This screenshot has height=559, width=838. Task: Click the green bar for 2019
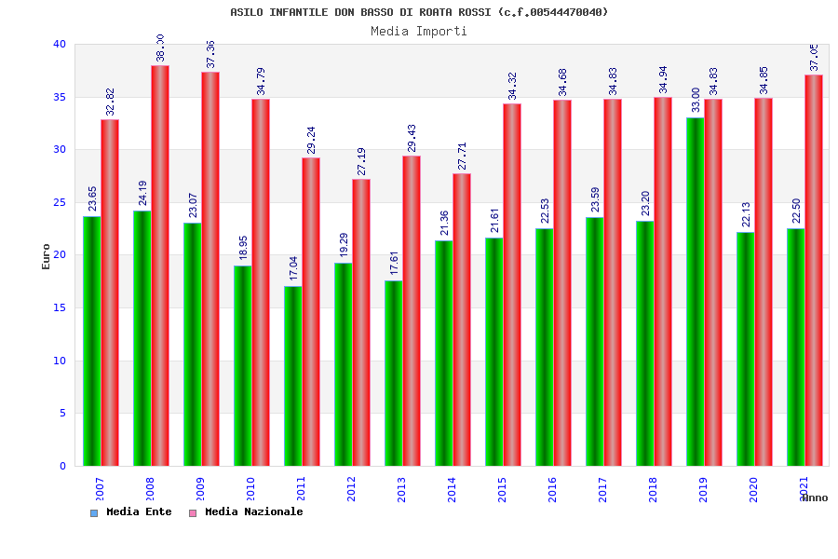click(x=695, y=292)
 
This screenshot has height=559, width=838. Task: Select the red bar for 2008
click(x=160, y=266)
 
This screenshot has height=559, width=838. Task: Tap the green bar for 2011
click(x=292, y=375)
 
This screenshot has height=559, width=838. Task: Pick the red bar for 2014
click(x=462, y=320)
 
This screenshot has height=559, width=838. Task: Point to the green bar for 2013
click(x=393, y=373)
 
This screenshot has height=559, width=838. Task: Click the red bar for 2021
click(x=814, y=270)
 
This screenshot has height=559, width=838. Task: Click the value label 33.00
click(x=696, y=100)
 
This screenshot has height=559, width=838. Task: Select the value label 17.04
click(x=293, y=268)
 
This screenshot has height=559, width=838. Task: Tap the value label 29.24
click(x=311, y=140)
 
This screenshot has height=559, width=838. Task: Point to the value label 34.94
click(x=663, y=80)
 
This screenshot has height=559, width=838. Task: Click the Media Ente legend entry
click(x=131, y=512)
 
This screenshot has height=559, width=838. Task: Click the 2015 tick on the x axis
click(x=503, y=489)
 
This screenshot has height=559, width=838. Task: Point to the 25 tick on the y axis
click(x=59, y=202)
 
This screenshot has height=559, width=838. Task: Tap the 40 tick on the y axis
click(x=59, y=44)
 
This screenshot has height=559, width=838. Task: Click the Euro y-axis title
click(x=47, y=256)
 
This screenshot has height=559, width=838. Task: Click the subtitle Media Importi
click(x=419, y=32)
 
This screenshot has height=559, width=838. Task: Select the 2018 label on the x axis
click(x=654, y=489)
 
